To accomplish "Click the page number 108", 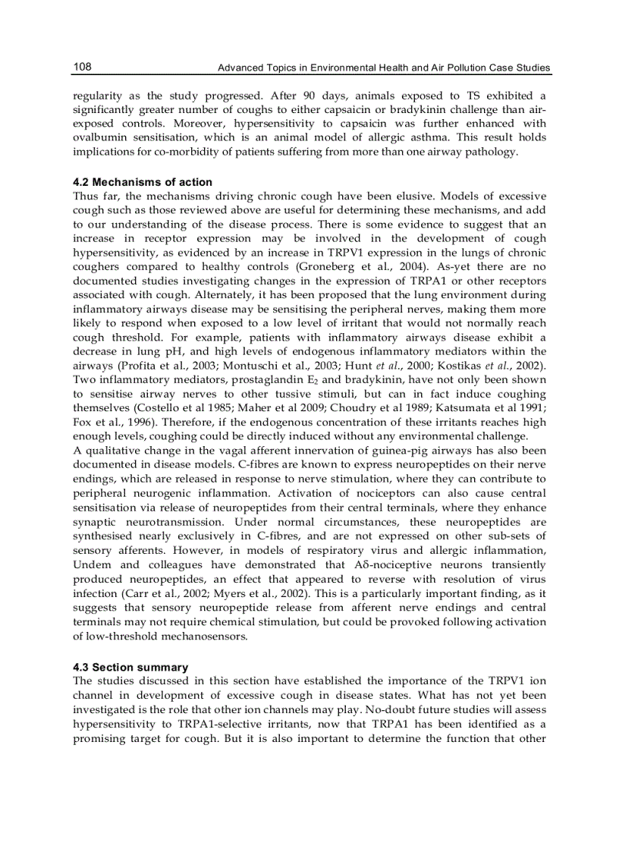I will pos(82,68).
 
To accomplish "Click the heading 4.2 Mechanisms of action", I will pos(143,182).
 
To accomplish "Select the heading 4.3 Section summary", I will pos(130,667).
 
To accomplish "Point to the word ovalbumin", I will pos(99,137).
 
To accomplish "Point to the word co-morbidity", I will pos(220,152).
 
